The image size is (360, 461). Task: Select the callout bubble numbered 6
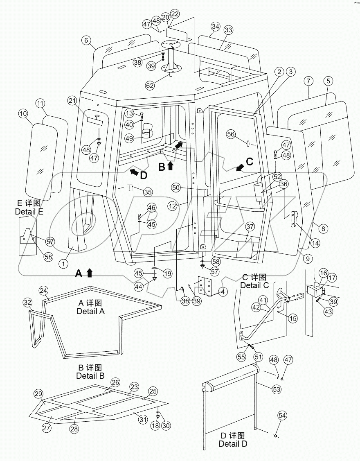pyautogui.click(x=85, y=41)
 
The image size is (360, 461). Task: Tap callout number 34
pyautogui.click(x=216, y=27)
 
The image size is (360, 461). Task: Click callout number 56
pyautogui.click(x=231, y=134)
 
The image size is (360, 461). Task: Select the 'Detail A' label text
pyautogui.click(x=90, y=311)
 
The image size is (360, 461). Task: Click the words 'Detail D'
pyautogui.click(x=233, y=443)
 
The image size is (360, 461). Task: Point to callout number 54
pyautogui.click(x=282, y=416)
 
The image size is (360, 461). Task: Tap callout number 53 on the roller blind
pyautogui.click(x=277, y=389)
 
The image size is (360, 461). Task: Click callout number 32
pyautogui.click(x=27, y=303)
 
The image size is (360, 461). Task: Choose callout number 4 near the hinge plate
pyautogui.click(x=223, y=292)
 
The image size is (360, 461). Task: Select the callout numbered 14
pyautogui.click(x=315, y=243)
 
